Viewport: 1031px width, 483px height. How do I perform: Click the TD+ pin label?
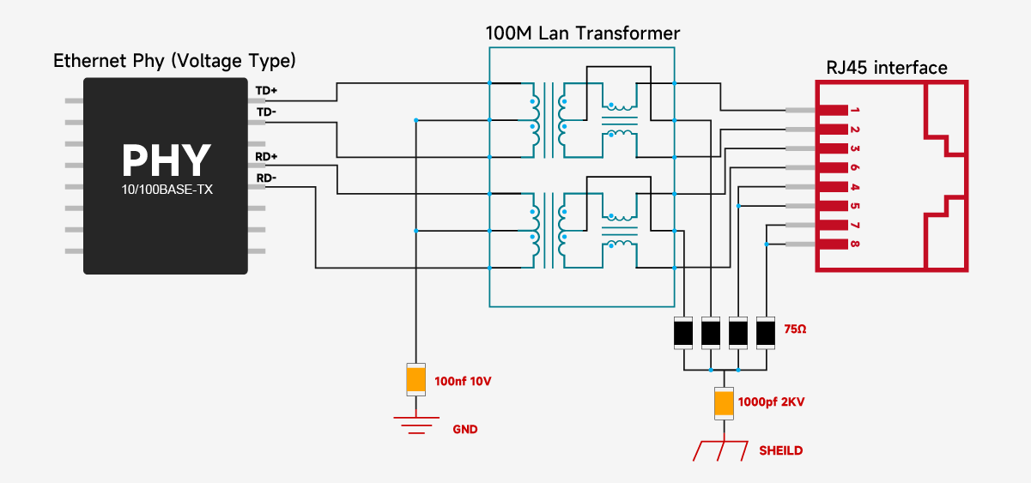265,90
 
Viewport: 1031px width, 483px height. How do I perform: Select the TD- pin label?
265,112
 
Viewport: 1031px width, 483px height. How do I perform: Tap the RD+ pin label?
265,157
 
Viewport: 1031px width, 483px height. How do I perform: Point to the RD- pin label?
265,178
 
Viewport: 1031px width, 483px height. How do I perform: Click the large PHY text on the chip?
166,159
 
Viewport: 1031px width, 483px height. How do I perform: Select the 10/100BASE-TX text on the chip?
167,190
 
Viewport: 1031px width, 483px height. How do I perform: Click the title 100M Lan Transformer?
582,33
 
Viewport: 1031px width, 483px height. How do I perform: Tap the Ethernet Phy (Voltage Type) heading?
174,61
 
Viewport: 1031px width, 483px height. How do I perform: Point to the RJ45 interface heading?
887,68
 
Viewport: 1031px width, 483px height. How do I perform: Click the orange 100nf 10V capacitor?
415,378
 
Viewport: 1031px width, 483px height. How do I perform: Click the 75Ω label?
796,329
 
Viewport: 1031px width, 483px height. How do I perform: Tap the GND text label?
464,429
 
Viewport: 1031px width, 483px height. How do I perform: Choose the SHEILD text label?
780,450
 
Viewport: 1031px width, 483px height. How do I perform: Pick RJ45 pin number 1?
855,111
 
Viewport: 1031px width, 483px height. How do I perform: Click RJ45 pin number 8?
855,245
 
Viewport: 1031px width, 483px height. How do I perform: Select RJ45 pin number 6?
855,168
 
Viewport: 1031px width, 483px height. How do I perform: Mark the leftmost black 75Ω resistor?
683,332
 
